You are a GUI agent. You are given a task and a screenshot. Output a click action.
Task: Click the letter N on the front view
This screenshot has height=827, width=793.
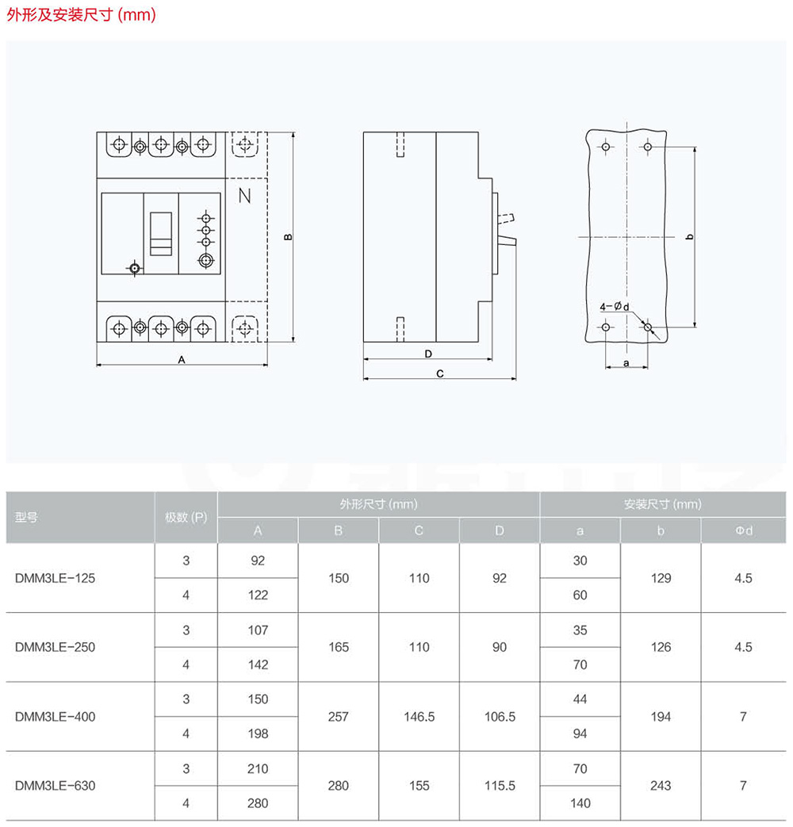click(x=244, y=196)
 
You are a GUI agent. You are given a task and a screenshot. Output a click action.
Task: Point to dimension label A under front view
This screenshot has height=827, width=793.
click(x=182, y=360)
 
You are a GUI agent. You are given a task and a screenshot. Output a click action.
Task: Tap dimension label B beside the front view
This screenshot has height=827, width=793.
click(x=288, y=237)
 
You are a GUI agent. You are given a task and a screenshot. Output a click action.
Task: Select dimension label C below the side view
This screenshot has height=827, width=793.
click(x=440, y=373)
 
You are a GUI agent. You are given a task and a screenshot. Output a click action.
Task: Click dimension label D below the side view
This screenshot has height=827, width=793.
click(x=428, y=354)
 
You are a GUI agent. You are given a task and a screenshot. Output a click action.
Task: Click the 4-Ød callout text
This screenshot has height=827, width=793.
click(x=614, y=306)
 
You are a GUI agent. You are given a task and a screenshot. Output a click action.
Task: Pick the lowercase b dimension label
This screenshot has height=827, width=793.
click(x=690, y=237)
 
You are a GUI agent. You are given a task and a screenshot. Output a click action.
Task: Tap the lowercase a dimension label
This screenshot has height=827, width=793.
click(x=626, y=363)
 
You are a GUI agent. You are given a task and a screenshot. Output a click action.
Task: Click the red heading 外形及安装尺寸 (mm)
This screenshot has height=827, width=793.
click(x=81, y=14)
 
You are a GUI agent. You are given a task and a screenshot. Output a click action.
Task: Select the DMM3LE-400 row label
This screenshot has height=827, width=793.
click(x=55, y=717)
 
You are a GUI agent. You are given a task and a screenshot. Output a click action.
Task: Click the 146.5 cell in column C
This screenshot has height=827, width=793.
click(x=419, y=717)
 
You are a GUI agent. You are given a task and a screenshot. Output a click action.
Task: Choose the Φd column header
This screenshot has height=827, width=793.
click(x=744, y=530)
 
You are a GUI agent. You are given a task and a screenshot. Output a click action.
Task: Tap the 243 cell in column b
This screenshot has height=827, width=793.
click(x=661, y=786)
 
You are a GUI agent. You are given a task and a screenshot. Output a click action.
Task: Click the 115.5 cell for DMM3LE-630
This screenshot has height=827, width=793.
click(x=500, y=786)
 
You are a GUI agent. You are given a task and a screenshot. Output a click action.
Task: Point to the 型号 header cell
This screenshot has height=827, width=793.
click(x=26, y=518)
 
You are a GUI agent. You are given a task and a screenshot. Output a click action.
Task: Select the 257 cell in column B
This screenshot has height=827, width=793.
click(x=338, y=717)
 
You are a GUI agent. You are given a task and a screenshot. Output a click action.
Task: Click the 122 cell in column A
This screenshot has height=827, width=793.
click(x=258, y=595)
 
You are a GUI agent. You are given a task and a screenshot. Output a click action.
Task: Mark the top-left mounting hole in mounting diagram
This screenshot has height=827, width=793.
click(x=606, y=147)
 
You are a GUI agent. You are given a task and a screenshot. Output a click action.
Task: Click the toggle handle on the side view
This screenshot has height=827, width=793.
click(x=507, y=243)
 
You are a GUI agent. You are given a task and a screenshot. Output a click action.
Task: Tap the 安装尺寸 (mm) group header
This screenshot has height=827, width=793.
click(x=663, y=504)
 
